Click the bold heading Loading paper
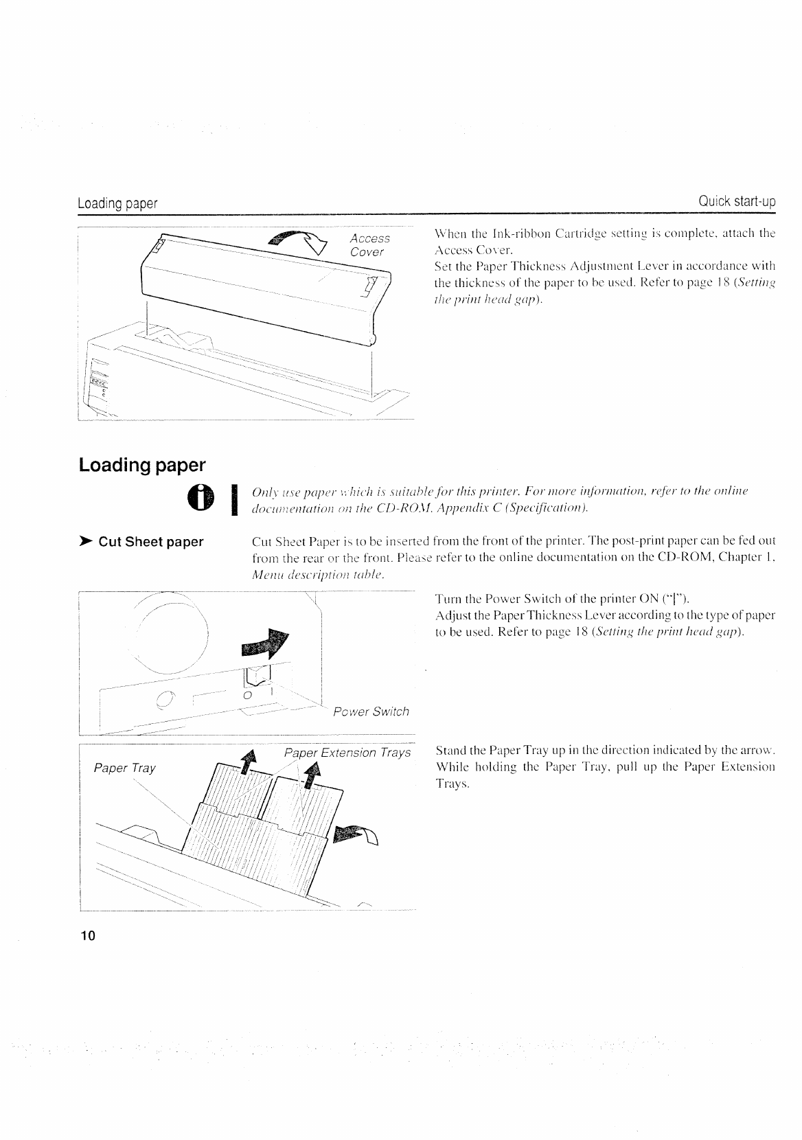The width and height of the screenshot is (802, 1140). [142, 465]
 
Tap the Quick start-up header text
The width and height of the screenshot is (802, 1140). [736, 202]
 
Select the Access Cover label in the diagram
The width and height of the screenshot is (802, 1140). [369, 245]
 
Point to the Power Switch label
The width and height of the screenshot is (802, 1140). [371, 711]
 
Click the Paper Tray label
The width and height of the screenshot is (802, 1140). [124, 768]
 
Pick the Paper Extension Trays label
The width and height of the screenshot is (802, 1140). [347, 753]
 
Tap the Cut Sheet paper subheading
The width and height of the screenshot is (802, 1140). [151, 542]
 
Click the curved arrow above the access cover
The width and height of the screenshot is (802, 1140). [299, 241]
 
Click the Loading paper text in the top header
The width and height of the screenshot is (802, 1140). [117, 203]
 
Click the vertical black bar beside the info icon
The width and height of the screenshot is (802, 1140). [236, 499]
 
